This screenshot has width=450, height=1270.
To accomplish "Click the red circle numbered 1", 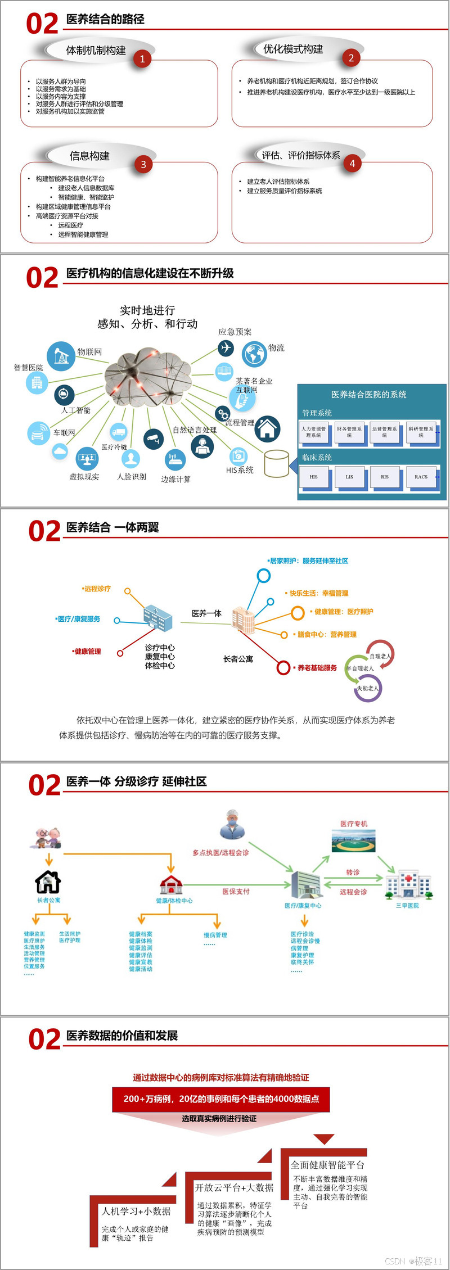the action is tap(142, 58).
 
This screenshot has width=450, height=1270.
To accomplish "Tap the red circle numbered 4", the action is tap(352, 164).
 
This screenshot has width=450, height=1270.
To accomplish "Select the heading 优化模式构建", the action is tap(293, 49).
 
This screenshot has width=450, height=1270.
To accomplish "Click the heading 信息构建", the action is tap(89, 156).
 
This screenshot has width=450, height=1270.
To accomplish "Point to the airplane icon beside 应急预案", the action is tap(226, 348).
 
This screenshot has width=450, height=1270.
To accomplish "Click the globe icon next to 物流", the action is tap(254, 354).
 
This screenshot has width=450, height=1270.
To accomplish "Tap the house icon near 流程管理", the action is tap(268, 428).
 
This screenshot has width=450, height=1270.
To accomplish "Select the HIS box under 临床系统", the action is tap(313, 477).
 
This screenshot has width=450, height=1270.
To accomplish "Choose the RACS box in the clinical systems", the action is tap(421, 477).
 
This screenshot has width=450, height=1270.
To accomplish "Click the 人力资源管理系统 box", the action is tap(313, 432).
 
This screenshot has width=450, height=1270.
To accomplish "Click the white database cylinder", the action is tap(276, 463).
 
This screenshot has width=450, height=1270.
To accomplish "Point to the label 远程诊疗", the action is tap(97, 589).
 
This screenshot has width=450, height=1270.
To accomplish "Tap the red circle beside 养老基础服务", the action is tap(283, 668).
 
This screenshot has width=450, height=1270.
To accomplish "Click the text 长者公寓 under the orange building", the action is tap(238, 659).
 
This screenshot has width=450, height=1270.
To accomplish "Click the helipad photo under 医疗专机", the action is tap(353, 842).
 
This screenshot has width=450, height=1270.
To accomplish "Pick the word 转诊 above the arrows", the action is tap(353, 872).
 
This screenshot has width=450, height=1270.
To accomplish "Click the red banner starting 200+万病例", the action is tap(221, 1099).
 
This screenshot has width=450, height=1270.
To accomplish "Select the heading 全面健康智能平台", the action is tap(327, 1165).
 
